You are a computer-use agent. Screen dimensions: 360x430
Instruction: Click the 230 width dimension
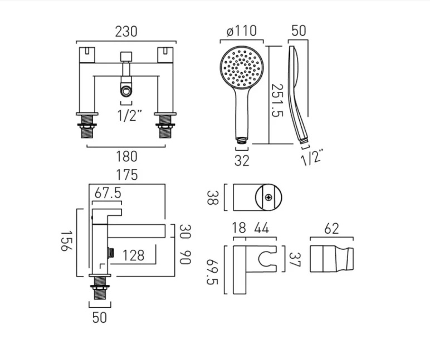126,32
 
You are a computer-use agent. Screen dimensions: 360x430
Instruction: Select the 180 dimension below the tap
126,156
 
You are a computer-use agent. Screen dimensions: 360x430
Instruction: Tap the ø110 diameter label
242,31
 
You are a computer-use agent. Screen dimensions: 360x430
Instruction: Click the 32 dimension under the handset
242,161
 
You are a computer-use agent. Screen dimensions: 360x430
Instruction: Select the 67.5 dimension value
108,193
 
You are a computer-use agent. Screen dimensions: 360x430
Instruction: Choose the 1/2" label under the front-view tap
129,115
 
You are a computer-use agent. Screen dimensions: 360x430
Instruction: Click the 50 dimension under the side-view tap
99,317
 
